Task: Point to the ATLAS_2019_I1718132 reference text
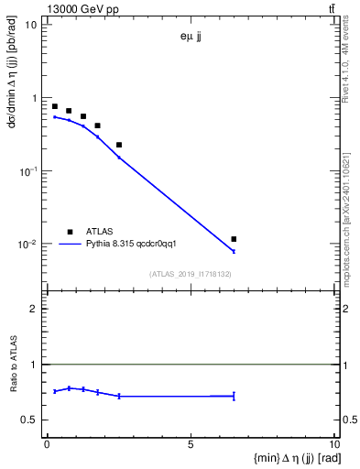coord(190,274)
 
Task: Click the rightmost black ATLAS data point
coord(235,239)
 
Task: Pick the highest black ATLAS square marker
coord(55,106)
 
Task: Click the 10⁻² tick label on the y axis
coord(27,245)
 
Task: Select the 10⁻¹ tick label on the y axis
coord(27,171)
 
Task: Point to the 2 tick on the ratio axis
coord(33,309)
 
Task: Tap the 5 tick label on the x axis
coord(191,443)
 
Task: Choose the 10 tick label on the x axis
coord(333,443)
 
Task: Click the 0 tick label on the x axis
coord(47,443)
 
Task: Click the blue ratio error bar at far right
coord(235,396)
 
